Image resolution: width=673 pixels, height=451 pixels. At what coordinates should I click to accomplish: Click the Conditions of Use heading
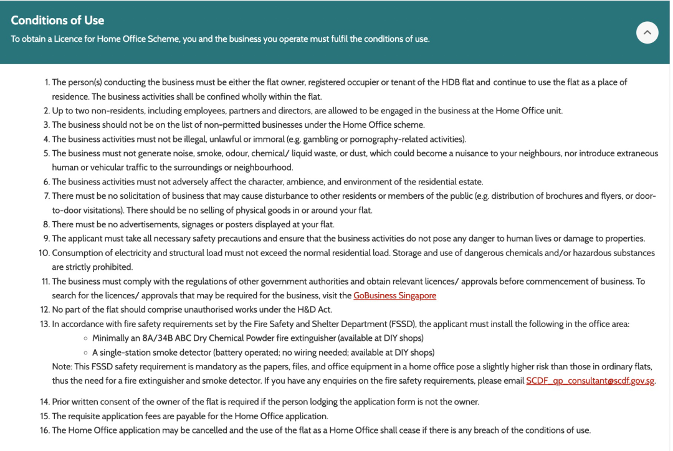57,20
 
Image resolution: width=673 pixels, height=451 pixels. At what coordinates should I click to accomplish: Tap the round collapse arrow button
647,32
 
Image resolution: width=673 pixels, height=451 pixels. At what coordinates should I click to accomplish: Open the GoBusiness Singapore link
394,295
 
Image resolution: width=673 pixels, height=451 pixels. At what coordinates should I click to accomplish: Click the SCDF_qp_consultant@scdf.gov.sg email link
590,381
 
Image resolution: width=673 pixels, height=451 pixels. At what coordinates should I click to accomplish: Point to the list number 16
44,430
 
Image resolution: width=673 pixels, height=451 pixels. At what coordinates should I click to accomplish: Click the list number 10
44,253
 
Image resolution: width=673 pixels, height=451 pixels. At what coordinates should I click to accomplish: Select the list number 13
44,324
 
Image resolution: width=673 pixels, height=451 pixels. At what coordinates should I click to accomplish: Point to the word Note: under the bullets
63,366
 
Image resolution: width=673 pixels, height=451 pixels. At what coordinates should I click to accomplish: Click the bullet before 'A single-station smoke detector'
85,353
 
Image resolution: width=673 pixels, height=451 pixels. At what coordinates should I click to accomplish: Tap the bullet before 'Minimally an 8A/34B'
85,338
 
